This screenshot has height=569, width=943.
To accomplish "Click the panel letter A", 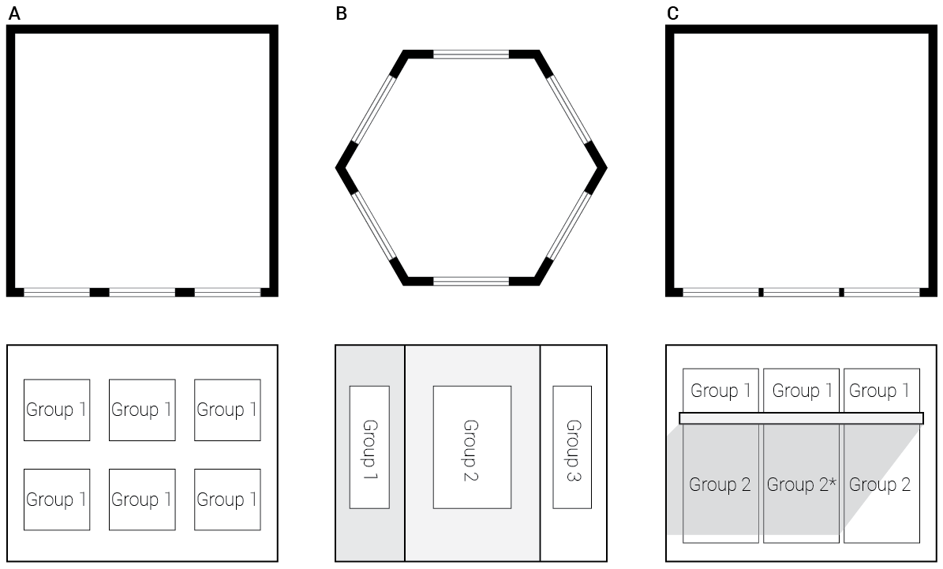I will pos(12,13).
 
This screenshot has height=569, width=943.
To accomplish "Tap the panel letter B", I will pos(341,13).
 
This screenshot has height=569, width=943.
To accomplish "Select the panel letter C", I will pos(672,13).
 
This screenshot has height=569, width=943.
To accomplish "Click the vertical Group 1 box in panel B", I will pos(369,447).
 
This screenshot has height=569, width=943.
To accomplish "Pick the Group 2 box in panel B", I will pos(472,447).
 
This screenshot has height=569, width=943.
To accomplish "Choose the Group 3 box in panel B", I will pos(572,447).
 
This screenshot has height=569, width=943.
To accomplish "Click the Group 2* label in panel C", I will pos(801,485).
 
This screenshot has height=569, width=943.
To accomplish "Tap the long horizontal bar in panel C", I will pos(801,418).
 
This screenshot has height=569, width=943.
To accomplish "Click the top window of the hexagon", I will pos(471,54).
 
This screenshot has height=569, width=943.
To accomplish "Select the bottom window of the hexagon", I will pos(471,281).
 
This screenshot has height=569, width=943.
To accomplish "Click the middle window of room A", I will pos(142,292).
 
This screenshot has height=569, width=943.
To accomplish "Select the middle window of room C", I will pos(801,292).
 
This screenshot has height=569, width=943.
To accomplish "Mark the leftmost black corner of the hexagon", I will pos(342,167).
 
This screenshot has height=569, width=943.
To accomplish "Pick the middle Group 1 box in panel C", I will pos(801,390).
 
